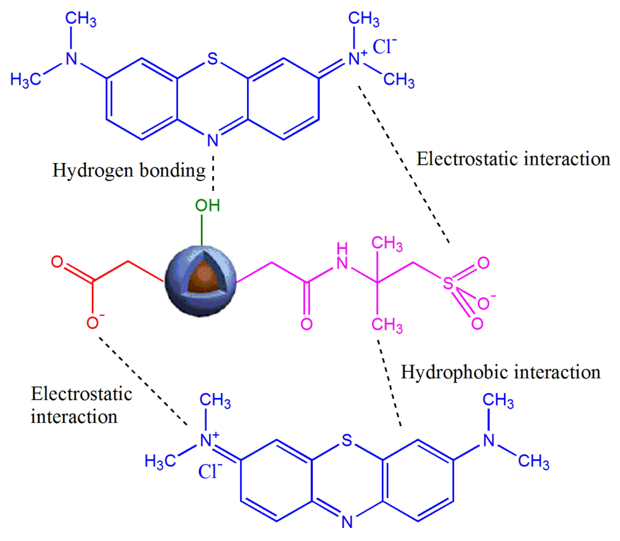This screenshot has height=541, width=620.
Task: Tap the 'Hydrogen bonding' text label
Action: point(129,171)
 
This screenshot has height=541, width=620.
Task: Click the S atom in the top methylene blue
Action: point(213,59)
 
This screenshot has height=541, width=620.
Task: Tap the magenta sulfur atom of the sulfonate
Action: point(448,283)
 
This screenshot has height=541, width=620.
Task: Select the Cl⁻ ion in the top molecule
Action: point(384,47)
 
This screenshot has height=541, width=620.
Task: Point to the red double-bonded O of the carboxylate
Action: point(57,262)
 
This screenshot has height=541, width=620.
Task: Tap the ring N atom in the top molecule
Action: point(213,140)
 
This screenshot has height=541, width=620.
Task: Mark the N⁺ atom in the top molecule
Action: point(355,59)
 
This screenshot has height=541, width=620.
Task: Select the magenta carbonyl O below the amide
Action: point(306,324)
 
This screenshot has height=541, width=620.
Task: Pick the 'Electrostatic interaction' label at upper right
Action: point(513,159)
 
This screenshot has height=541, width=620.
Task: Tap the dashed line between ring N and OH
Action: point(213,174)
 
